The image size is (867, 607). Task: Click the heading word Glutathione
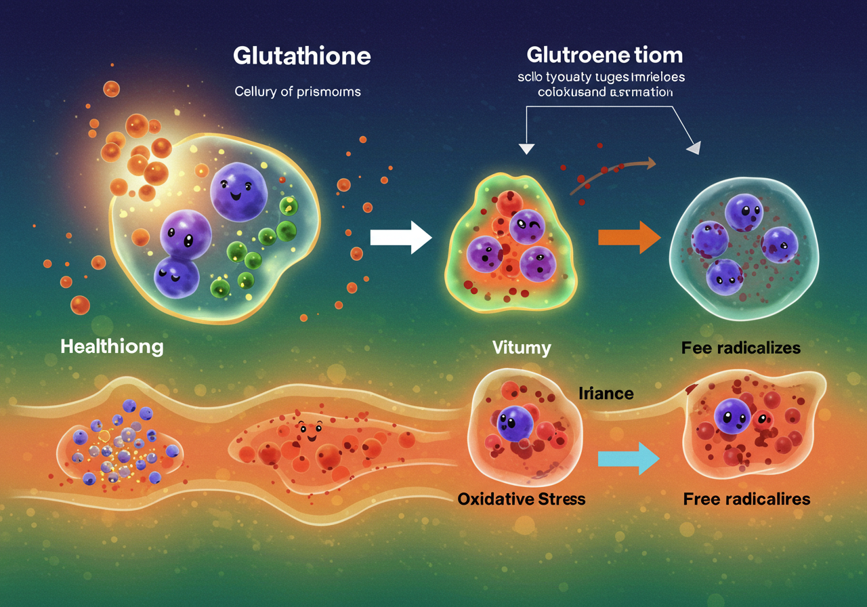[301, 56]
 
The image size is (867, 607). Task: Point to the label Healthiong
[112, 347]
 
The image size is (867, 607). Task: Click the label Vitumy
[522, 349]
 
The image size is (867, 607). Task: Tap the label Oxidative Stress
[522, 499]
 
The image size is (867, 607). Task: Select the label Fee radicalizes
[741, 348]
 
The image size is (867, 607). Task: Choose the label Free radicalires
[746, 499]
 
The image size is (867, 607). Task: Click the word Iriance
[606, 392]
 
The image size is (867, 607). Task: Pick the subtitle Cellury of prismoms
[297, 91]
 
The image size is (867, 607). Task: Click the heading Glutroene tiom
[604, 55]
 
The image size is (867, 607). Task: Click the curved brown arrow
[613, 173]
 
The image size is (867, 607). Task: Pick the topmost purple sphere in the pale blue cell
[744, 212]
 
